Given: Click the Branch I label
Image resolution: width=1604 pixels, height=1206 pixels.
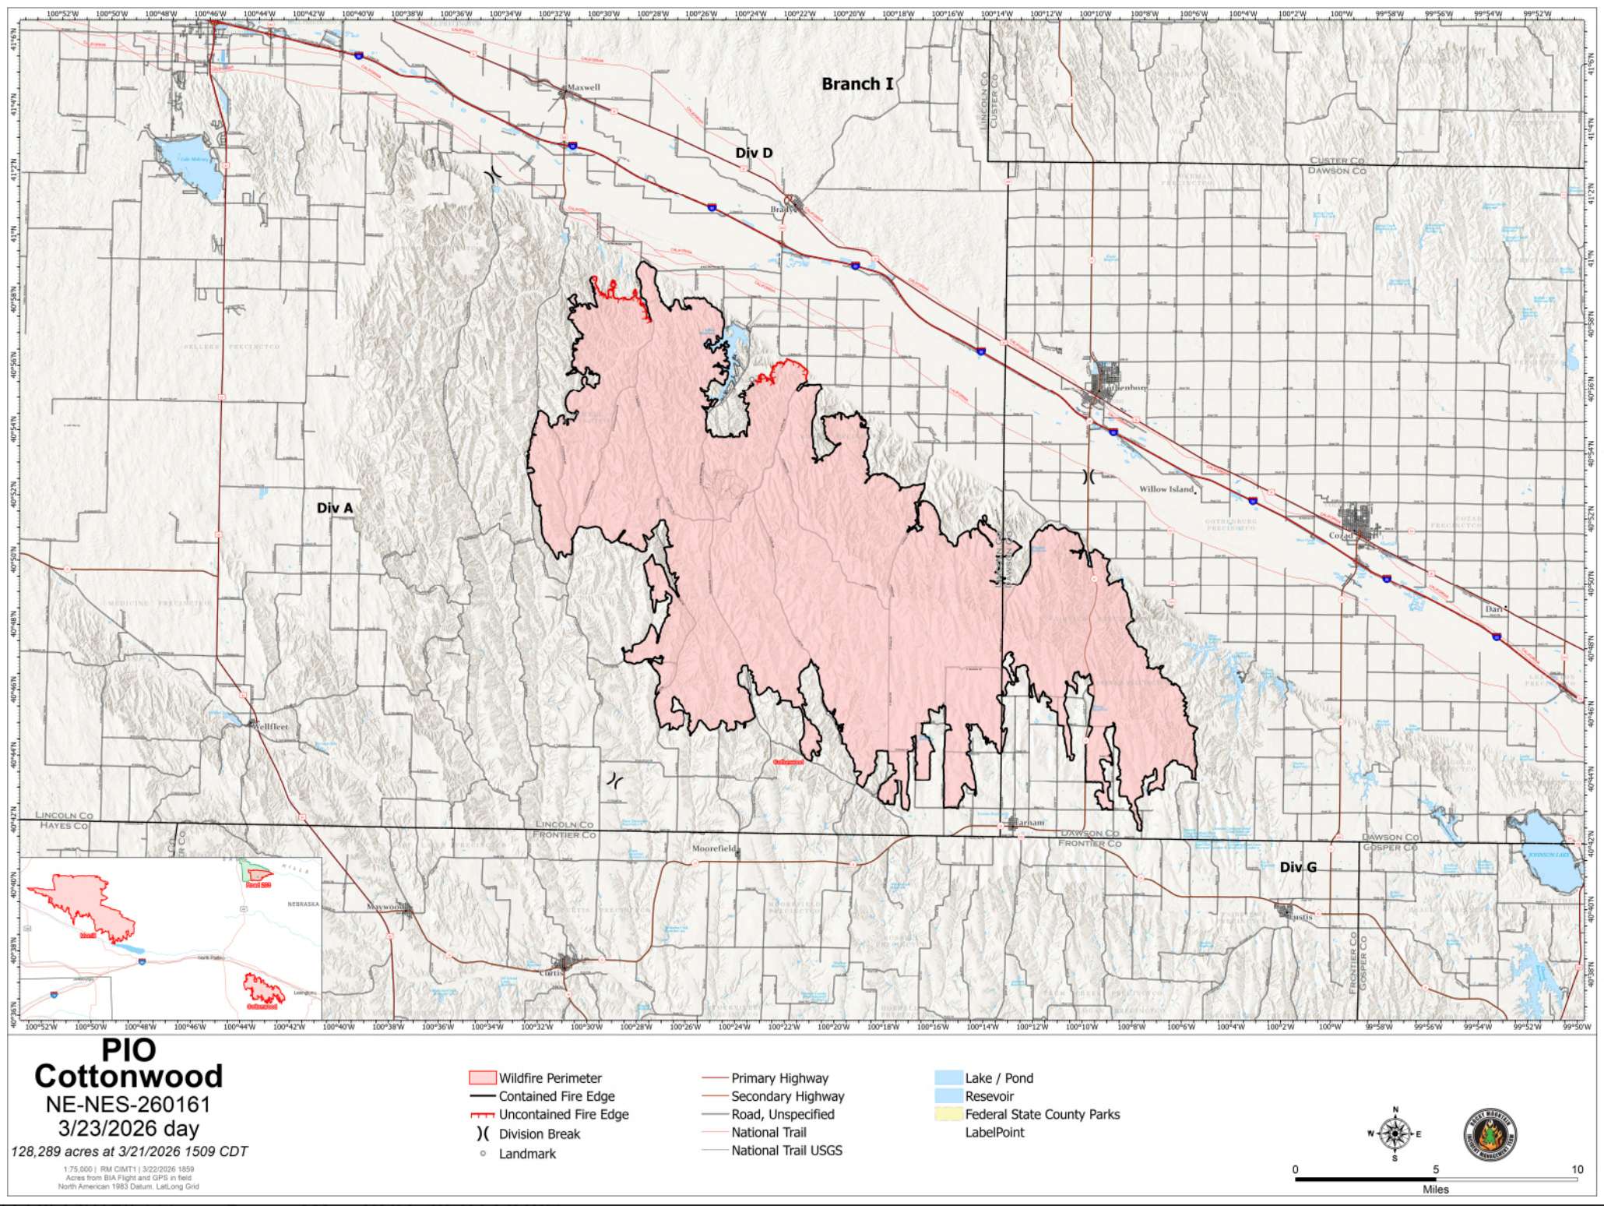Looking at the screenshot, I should (x=857, y=84).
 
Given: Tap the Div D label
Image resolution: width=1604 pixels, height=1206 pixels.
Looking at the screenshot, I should (x=754, y=153).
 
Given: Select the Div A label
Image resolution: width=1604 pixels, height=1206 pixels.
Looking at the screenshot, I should (x=335, y=508).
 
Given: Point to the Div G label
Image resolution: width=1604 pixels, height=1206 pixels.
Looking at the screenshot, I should (x=1298, y=867).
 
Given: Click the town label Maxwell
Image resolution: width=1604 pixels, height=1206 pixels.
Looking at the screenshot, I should (x=583, y=88).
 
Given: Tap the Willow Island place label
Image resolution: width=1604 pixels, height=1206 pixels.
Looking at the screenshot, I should (x=1166, y=489).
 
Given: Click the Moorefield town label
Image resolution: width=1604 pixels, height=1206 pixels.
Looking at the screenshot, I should (x=714, y=848).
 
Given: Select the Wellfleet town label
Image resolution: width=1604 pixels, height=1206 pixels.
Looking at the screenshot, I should (x=269, y=726).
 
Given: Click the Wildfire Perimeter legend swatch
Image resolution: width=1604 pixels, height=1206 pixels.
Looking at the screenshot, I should (x=482, y=1078).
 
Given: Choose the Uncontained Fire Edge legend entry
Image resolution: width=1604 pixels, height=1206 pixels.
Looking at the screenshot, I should (x=563, y=1115).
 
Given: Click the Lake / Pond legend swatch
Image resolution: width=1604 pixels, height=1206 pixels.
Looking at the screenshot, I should (x=948, y=1078).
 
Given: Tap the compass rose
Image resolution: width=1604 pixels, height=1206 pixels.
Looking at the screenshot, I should (x=1395, y=1134).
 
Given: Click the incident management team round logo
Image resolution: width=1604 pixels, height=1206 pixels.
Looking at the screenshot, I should (x=1490, y=1134).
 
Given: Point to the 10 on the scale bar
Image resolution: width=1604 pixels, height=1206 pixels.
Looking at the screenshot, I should (x=1577, y=1169).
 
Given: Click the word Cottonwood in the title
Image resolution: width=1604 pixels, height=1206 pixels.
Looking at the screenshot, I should (x=128, y=1077).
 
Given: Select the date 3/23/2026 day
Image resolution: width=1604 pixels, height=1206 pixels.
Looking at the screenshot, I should (x=128, y=1128).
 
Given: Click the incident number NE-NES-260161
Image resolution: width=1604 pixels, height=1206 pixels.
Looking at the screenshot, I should (x=128, y=1104).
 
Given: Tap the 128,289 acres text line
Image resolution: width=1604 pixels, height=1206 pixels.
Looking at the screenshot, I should (x=128, y=1151).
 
